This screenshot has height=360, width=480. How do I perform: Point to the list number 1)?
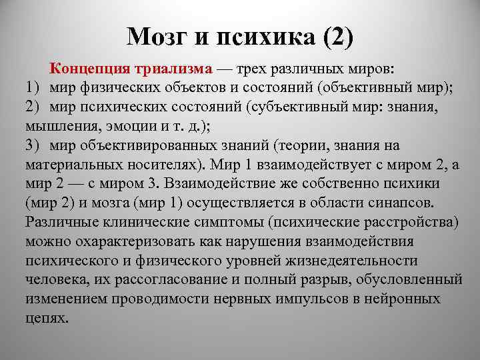[33, 87]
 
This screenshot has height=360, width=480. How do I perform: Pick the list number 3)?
[33, 145]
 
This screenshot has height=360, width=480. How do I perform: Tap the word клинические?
[139, 222]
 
